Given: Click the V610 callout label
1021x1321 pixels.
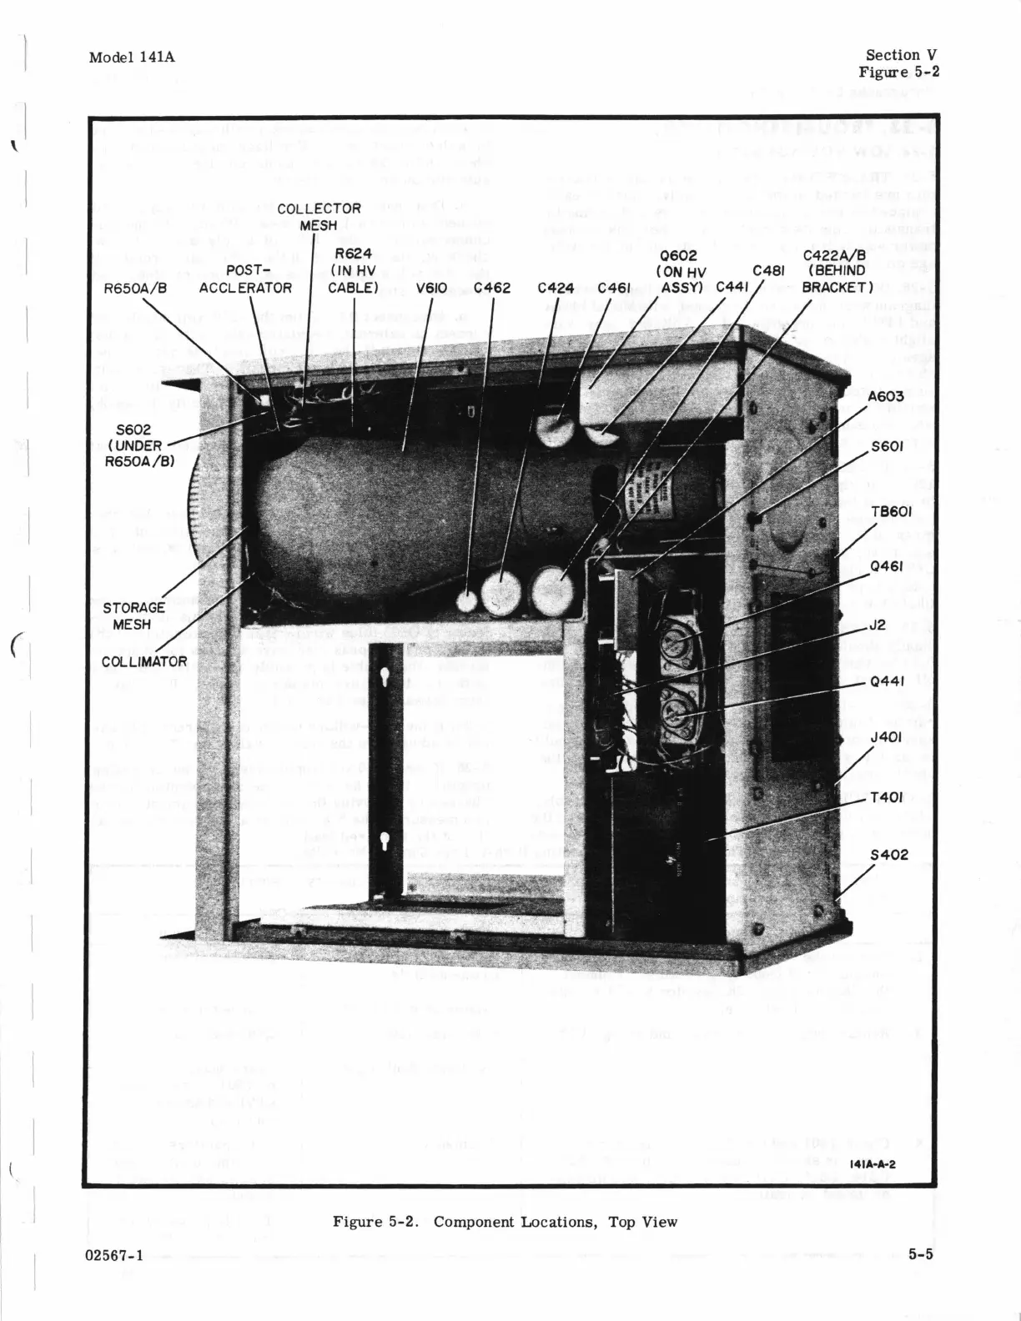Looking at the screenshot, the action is tap(432, 288).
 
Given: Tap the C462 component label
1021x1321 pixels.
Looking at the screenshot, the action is tap(492, 288).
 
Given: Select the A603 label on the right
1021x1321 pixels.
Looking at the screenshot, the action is tap(885, 396).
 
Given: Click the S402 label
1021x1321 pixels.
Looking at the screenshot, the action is tap(888, 855).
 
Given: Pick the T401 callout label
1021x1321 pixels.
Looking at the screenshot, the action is tap(886, 797).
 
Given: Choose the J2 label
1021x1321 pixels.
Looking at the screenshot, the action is tap(877, 623).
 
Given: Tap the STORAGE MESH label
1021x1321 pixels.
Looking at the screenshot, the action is tap(133, 616).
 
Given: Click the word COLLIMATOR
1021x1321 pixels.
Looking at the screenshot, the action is tap(144, 661).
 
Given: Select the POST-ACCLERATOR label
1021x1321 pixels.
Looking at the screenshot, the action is tap(245, 279).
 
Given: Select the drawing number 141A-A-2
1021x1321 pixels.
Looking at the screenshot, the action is tap(873, 1164).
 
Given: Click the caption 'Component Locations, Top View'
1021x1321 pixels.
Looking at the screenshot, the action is tap(556, 1222).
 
